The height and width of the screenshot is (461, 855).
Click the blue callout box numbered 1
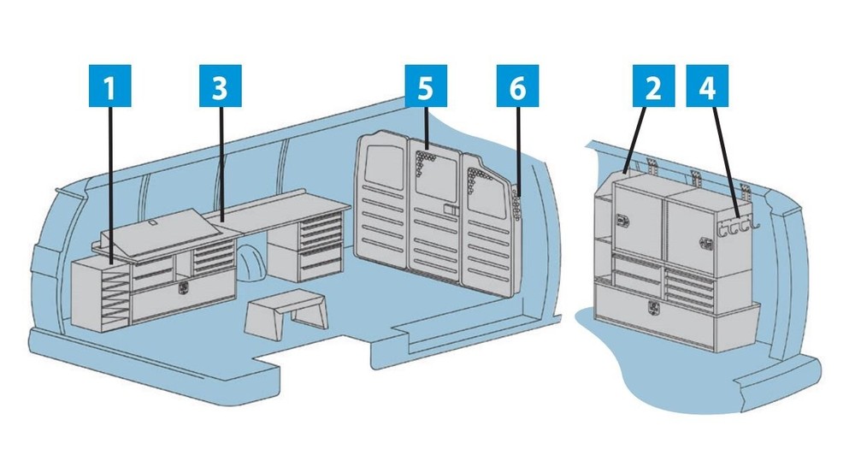point(109,86)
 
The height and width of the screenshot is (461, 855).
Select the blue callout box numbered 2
point(653,86)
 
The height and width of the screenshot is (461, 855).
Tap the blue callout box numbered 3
point(221,86)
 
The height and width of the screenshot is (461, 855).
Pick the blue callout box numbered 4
point(707,86)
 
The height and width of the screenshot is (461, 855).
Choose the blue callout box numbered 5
point(426,86)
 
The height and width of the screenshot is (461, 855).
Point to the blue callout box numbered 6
point(517,86)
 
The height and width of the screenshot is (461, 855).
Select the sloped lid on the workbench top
point(163,230)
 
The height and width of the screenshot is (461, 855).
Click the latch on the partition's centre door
point(450,210)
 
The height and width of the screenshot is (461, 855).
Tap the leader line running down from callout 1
point(110,186)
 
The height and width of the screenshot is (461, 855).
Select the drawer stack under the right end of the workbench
point(321,242)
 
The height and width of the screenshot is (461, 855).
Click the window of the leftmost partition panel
point(380,163)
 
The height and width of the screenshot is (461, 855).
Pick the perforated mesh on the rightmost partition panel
point(480,180)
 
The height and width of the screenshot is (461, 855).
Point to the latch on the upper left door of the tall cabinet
point(622,220)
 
